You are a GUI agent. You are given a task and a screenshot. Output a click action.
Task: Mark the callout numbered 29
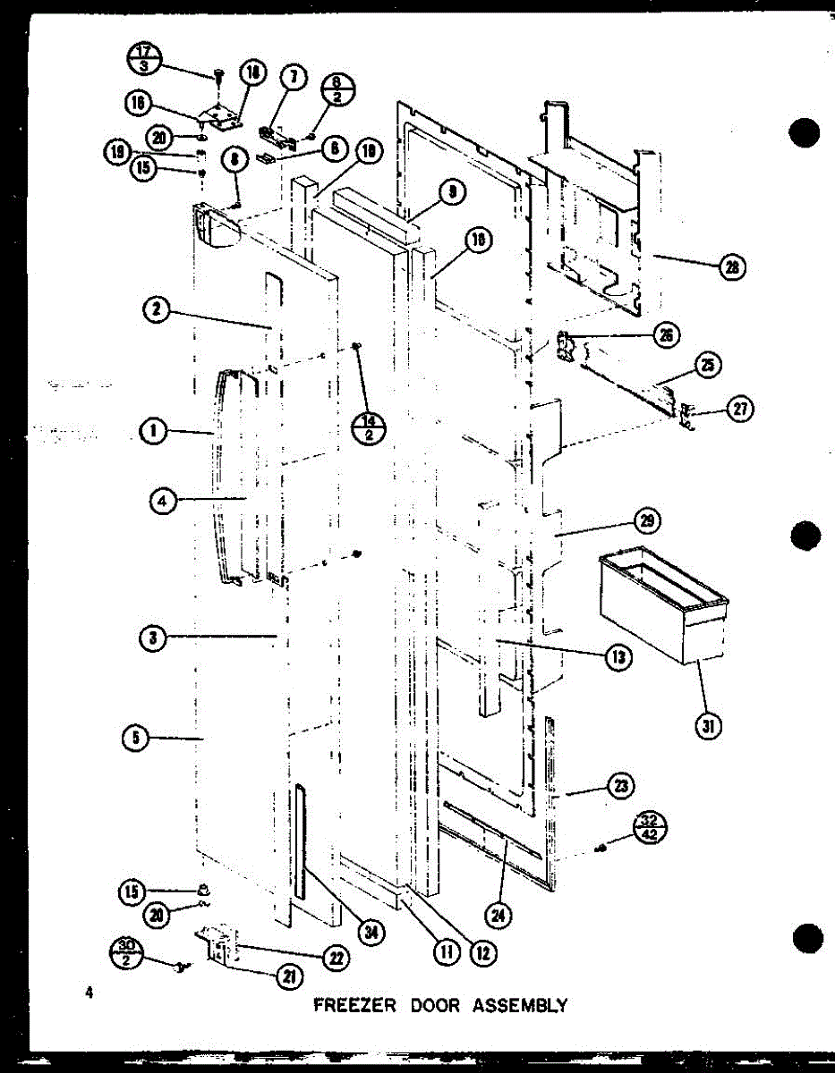[x=645, y=520]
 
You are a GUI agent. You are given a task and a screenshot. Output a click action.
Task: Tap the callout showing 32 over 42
[x=648, y=827]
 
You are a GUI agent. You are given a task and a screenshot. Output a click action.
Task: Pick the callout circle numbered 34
[x=368, y=933]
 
